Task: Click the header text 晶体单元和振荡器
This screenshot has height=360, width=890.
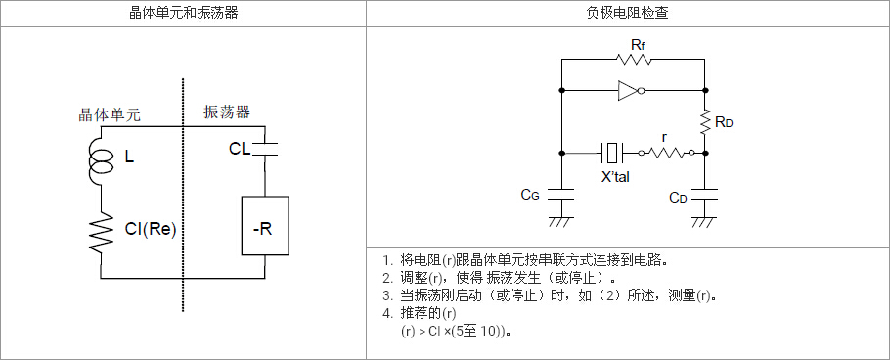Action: point(182,13)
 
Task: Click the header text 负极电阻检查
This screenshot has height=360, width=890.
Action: point(628,13)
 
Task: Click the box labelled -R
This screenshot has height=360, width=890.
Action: point(265,226)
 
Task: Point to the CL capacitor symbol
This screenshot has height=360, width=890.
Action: point(265,149)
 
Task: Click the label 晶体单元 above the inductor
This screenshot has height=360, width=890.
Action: point(109,115)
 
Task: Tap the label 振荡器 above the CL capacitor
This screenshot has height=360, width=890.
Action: point(227,112)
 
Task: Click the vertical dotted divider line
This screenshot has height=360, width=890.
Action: point(183,195)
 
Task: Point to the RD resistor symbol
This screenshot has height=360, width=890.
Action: point(704,122)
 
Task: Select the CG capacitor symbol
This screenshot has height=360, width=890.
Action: point(561,194)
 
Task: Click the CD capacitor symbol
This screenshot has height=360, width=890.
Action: point(704,194)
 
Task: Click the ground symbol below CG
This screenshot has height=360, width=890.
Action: point(561,221)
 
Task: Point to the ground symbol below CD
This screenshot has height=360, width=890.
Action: point(704,221)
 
